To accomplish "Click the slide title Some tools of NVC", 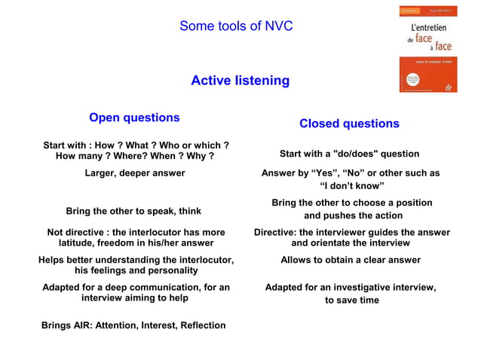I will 236,26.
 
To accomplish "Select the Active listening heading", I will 240,81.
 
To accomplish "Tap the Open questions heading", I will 134,117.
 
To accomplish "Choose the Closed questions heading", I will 349,124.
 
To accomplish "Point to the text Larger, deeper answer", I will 134,173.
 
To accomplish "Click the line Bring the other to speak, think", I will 133,211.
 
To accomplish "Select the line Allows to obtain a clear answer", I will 351,260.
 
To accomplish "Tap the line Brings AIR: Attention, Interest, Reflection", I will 133,325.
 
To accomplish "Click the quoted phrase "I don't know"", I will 352,186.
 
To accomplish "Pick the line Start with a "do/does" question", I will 349,154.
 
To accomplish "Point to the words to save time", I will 351,301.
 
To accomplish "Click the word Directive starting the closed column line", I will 275,233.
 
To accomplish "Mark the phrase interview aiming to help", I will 135,298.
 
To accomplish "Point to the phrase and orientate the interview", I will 351,243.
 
